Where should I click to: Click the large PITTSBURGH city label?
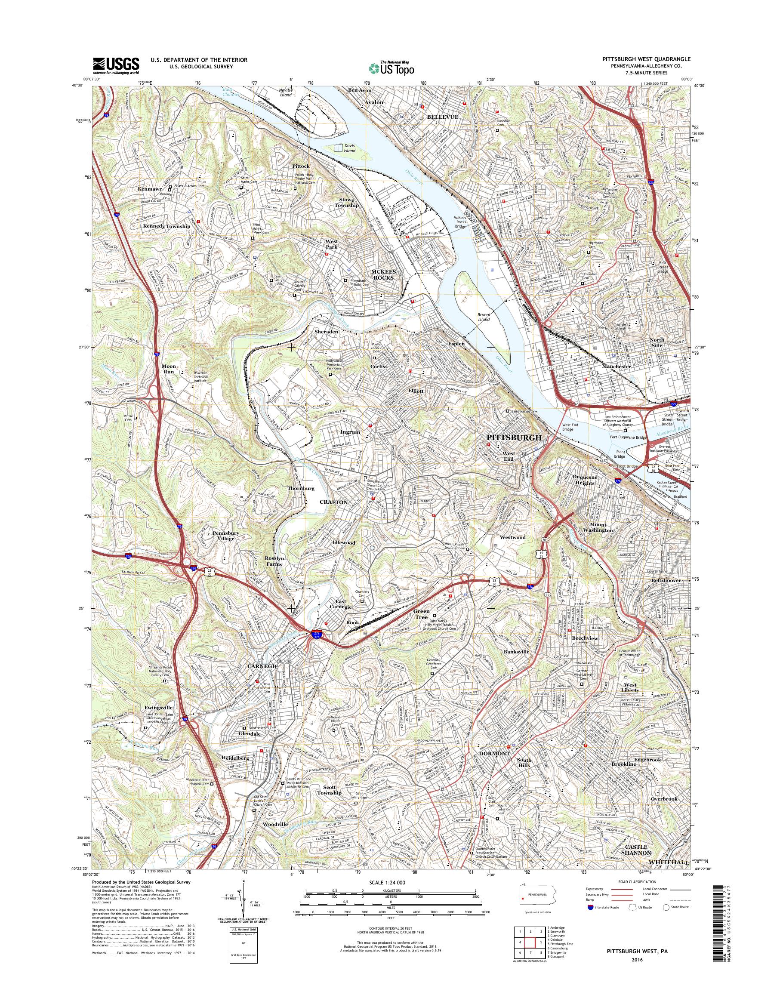pos(514,438)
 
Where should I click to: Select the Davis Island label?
pos(349,148)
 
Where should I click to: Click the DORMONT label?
pos(494,754)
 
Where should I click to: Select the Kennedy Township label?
pos(166,226)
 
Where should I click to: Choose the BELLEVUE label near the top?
pos(442,117)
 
